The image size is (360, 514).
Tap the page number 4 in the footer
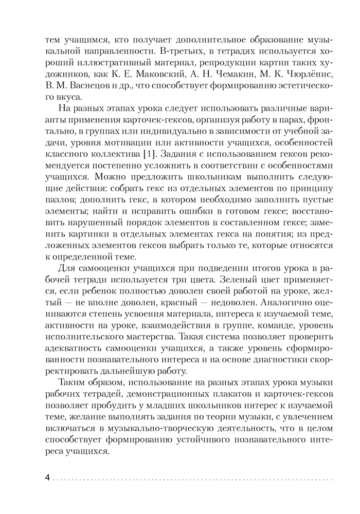point(48,478)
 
